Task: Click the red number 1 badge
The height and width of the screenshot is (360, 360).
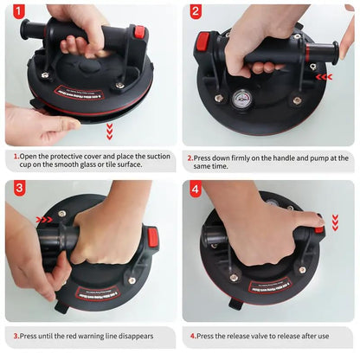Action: (x=18, y=11)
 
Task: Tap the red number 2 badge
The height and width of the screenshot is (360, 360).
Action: (x=196, y=11)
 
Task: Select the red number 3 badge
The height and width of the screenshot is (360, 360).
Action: (x=19, y=188)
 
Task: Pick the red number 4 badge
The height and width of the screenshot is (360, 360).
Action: (x=196, y=189)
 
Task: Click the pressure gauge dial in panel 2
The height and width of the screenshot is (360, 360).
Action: (x=240, y=99)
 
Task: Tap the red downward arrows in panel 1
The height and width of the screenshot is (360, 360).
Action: (x=109, y=132)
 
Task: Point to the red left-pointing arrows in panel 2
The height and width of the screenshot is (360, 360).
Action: (x=324, y=77)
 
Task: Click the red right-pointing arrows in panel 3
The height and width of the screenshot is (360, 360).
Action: (x=44, y=220)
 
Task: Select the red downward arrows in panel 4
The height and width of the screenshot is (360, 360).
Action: (x=335, y=223)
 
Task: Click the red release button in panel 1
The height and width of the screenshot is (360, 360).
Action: (x=139, y=30)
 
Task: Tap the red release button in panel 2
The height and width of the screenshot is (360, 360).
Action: (x=202, y=42)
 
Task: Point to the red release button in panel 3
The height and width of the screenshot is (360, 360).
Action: (x=153, y=237)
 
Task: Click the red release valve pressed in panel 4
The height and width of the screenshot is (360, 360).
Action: (x=319, y=229)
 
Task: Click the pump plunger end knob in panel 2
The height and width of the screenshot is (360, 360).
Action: (x=335, y=51)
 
